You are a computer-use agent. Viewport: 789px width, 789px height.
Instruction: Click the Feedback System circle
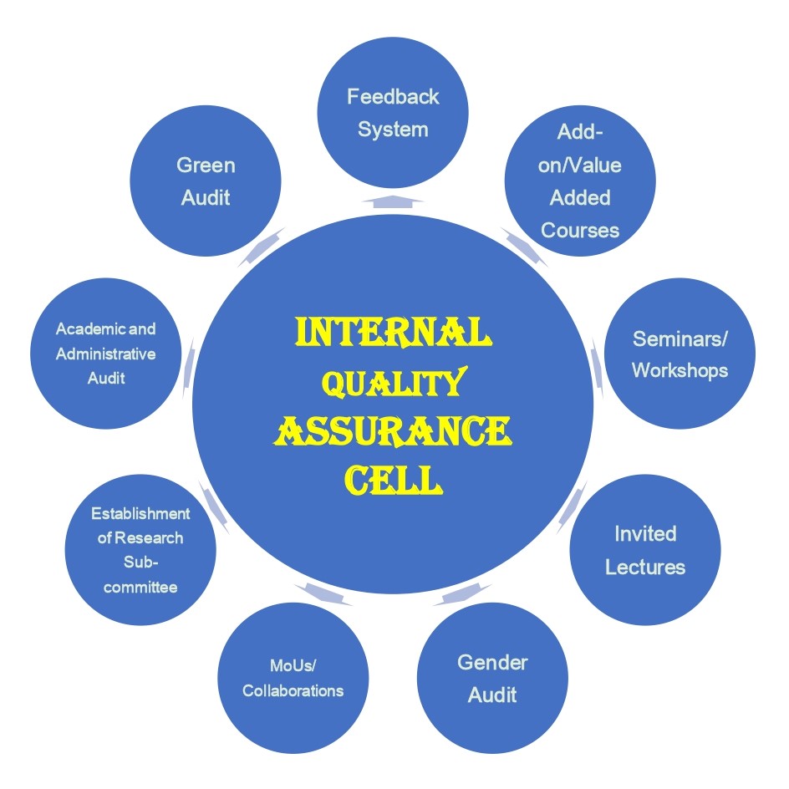(x=393, y=112)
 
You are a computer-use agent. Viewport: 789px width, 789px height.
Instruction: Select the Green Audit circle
(x=206, y=181)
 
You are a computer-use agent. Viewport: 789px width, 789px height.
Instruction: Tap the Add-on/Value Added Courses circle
(x=580, y=181)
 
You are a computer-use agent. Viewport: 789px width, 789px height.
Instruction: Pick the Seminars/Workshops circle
(x=680, y=354)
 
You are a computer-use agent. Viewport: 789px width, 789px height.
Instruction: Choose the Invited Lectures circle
(x=645, y=549)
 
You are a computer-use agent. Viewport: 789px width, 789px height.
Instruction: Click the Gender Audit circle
(x=492, y=678)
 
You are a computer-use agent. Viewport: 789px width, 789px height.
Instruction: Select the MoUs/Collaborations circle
(x=293, y=678)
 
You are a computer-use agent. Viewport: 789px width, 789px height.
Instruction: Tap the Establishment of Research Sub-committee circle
(x=140, y=549)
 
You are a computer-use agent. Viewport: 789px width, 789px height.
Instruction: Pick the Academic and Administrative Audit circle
(x=105, y=354)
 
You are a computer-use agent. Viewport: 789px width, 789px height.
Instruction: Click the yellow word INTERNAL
(x=393, y=332)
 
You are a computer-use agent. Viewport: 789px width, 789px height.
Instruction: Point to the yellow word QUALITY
(x=394, y=383)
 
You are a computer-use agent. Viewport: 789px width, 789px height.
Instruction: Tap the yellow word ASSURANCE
(x=393, y=431)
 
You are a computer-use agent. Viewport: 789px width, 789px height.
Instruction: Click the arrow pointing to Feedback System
(x=393, y=201)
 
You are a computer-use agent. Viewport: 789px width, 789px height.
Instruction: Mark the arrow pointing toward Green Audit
(x=261, y=247)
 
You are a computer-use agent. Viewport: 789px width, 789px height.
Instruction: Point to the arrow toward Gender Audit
(x=462, y=594)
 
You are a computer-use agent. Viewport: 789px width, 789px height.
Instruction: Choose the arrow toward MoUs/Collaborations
(x=323, y=594)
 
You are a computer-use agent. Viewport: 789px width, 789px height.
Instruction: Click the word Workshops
(x=680, y=370)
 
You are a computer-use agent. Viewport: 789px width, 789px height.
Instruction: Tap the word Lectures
(x=645, y=567)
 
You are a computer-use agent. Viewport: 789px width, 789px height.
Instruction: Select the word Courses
(x=580, y=231)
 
